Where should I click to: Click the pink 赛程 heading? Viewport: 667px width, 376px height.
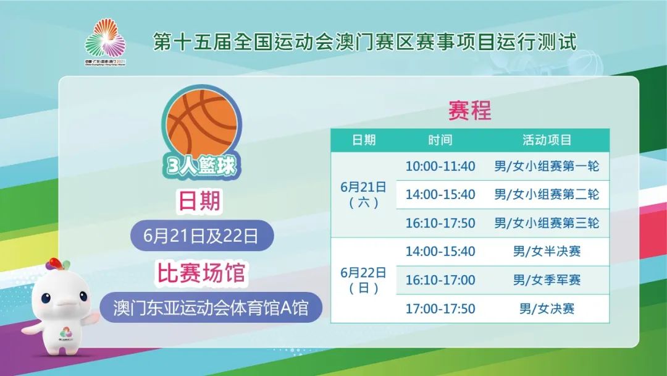pos(469,111)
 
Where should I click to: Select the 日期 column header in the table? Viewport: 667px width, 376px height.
pos(364,140)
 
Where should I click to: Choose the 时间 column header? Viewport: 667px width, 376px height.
pos(440,140)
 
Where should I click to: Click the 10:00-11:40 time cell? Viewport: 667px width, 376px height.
pos(440,166)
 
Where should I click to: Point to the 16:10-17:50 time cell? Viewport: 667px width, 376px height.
pos(440,223)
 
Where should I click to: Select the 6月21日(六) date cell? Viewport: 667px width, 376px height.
pos(364,194)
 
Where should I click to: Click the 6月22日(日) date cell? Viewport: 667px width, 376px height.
pos(364,280)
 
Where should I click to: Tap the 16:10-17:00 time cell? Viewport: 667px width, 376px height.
pos(440,280)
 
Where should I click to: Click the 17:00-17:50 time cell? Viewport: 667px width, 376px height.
pos(440,308)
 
